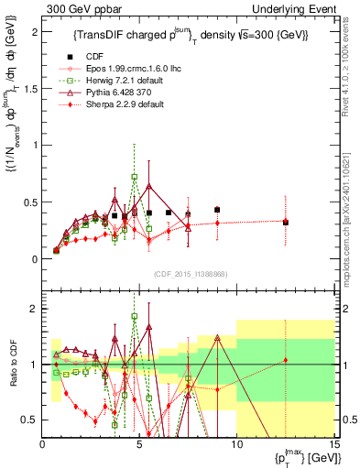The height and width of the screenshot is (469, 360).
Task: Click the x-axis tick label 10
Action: click(x=236, y=445)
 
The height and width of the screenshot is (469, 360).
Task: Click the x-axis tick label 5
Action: click(x=139, y=445)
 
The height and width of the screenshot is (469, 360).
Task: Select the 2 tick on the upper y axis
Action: click(x=35, y=31)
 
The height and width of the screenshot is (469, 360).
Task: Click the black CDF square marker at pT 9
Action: click(x=217, y=210)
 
